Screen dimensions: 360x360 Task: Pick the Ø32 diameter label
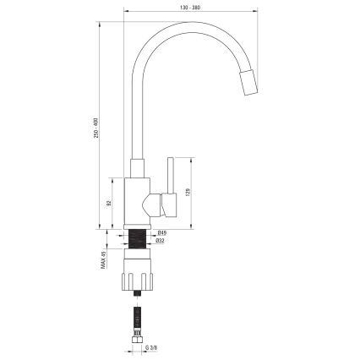coord(161,240)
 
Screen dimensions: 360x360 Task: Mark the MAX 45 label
coord(101,263)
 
